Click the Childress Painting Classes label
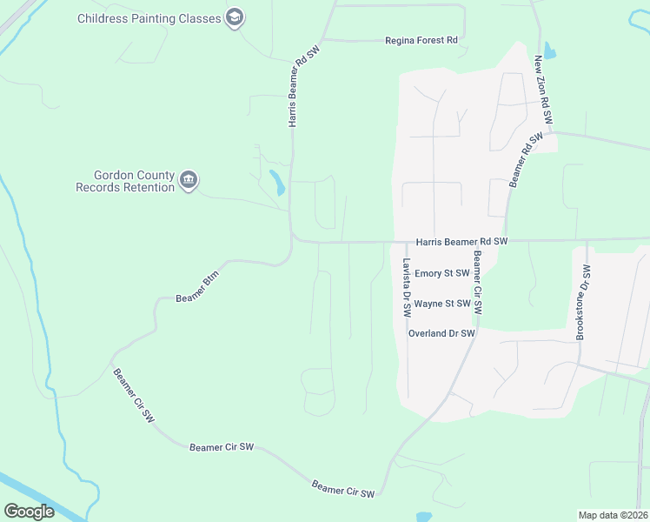coord(150,18)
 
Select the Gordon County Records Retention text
coord(125,181)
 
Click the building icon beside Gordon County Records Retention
coord(189,181)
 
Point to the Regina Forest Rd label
coord(421,40)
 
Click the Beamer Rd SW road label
coord(526,159)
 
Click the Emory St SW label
coord(441,273)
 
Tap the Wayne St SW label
coord(442,304)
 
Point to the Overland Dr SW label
coord(441,333)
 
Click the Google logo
coord(29,512)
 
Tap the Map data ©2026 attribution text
coord(612,515)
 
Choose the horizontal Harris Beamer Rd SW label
coord(461,242)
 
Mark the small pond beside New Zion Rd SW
coord(549,50)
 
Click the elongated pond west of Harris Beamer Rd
coord(276,182)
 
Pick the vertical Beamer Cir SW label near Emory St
coord(478,283)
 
